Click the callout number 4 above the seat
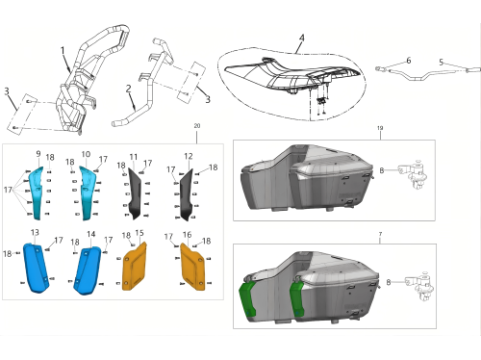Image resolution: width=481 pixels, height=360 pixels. [301, 38]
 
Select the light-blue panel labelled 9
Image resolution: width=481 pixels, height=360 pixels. [36, 193]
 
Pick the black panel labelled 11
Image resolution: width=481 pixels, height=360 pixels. [135, 193]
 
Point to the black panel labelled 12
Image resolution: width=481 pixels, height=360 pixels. [186, 195]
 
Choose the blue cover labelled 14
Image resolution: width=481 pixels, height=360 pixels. [88, 270]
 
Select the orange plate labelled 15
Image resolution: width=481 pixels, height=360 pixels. [135, 267]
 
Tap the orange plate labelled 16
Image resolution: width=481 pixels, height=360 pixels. [192, 268]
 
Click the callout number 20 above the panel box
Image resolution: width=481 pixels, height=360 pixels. [197, 126]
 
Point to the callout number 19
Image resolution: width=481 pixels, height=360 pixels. [380, 128]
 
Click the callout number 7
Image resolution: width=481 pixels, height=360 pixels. [380, 234]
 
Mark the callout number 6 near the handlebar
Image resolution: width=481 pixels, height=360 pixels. [408, 61]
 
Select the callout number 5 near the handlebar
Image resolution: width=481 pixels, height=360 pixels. [442, 62]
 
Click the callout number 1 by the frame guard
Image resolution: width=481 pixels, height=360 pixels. [63, 50]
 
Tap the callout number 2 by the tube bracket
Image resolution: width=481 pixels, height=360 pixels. [128, 89]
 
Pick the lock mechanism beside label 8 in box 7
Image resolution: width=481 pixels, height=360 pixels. [420, 286]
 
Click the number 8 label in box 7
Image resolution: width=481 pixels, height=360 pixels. [389, 282]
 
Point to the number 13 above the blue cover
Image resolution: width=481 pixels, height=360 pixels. [35, 232]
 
